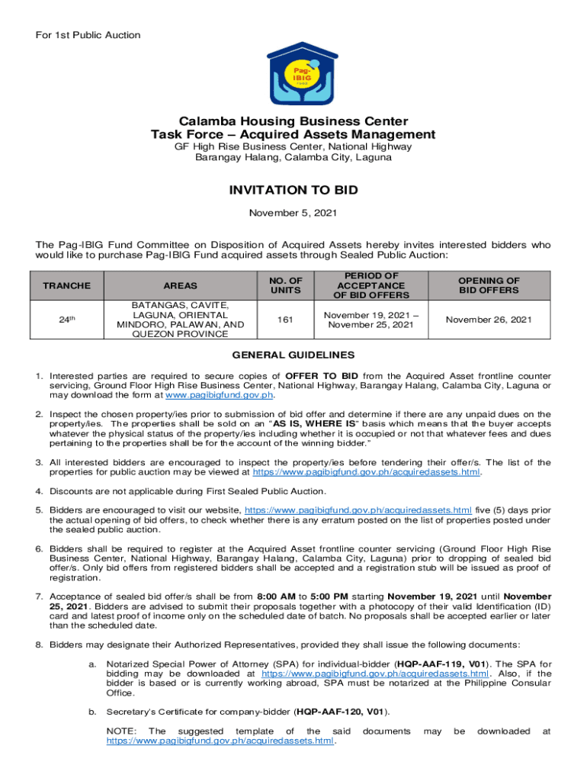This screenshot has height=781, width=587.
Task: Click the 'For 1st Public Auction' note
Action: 88,35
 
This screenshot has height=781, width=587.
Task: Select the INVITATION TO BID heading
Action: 293,190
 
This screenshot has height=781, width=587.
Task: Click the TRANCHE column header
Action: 66,285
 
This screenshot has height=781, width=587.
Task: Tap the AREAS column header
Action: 181,285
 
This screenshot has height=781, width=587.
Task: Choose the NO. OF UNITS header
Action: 280,285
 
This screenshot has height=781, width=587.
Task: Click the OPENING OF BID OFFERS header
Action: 489,285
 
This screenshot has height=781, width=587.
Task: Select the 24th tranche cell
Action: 66,320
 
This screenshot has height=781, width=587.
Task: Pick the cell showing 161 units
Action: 280,320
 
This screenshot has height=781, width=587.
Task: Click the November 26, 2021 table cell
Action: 489,320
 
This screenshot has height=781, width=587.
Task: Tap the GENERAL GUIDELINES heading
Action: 293,355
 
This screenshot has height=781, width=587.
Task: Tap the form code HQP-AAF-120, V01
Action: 341,712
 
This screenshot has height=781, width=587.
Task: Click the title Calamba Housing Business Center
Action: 293,121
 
